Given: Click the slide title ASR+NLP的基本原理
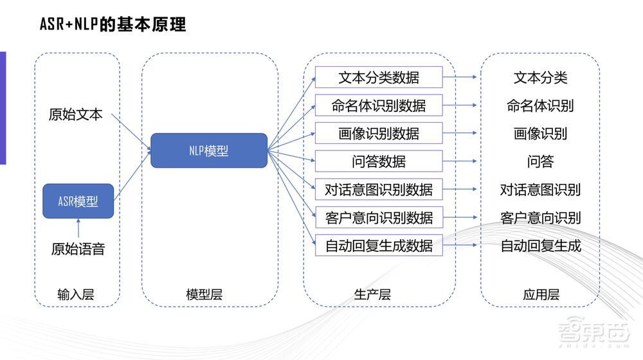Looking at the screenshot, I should (113, 24).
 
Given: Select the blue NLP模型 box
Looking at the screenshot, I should (209, 150).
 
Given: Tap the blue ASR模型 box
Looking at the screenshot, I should (78, 201).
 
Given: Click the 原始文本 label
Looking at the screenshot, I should (75, 114).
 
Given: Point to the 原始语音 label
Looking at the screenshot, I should (78, 249).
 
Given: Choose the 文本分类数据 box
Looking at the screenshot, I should (379, 78).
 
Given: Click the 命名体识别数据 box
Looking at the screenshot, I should (379, 105).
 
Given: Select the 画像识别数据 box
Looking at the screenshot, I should (379, 134).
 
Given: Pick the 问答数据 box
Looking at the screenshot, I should (379, 161).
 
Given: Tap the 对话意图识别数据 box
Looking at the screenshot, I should (379, 190).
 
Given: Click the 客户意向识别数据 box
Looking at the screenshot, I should (379, 217).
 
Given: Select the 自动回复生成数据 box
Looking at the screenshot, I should (379, 246).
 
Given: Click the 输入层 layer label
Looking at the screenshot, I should (76, 295).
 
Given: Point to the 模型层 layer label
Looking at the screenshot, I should (204, 295).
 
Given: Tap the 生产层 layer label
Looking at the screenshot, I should (372, 295).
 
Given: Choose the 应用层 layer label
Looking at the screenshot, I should (541, 295).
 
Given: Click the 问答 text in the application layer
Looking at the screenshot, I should (540, 161).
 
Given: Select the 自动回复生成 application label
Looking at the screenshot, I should (540, 246).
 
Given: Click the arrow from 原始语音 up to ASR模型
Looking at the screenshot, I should (78, 228).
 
